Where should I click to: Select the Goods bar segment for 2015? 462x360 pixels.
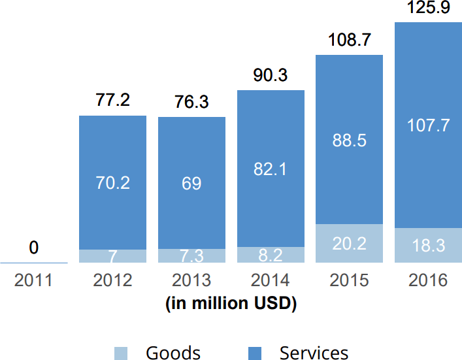[x=350, y=243]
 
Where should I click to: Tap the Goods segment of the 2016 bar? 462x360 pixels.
[x=428, y=246]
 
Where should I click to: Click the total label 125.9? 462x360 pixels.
[x=429, y=9]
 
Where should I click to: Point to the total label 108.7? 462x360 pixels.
[x=350, y=41]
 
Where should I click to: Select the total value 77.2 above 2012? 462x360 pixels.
[x=112, y=100]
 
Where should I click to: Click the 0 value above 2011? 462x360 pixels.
[x=34, y=248]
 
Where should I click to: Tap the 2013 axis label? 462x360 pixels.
[x=191, y=280]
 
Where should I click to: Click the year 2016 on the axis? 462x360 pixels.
[x=428, y=280]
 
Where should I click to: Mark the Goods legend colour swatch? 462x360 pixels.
[x=121, y=353]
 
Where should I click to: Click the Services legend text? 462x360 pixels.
[x=314, y=353]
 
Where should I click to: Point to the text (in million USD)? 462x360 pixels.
[x=231, y=303]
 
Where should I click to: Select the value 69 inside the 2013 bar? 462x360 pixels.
[x=191, y=183]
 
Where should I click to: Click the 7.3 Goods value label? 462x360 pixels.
[x=191, y=255]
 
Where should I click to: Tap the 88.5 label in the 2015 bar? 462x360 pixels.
[x=350, y=140]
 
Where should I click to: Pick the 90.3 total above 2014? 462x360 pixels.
[x=271, y=75]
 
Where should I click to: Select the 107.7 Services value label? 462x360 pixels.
[x=428, y=125]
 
